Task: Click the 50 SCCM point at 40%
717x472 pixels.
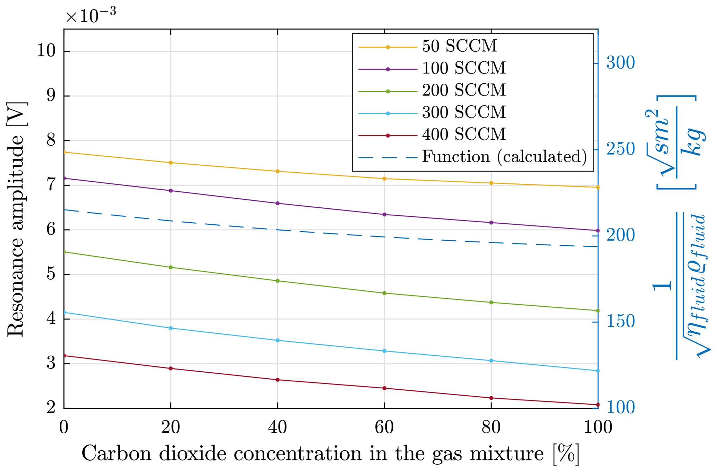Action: pos(278,171)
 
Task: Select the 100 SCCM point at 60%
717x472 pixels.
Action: pos(384,215)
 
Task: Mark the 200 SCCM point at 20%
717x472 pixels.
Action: pos(171,267)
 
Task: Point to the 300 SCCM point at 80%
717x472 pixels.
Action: pos(491,361)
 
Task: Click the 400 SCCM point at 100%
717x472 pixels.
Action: pos(598,405)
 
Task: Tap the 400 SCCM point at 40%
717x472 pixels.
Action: pos(278,380)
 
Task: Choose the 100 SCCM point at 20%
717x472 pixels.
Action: pos(171,191)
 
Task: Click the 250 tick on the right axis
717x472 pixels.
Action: pos(620,150)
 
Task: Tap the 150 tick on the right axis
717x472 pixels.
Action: pos(620,322)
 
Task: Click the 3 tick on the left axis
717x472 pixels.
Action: pos(51,364)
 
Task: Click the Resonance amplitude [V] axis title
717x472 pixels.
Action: pos(16,219)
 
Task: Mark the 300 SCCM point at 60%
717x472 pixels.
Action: pos(384,351)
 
